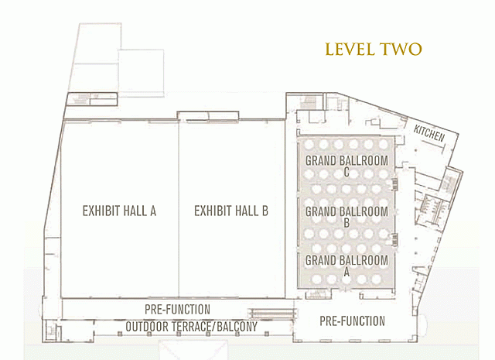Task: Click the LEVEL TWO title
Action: (x=374, y=50)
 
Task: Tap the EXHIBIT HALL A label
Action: (x=119, y=211)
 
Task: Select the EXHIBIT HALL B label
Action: (x=231, y=211)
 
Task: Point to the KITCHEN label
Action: (x=429, y=133)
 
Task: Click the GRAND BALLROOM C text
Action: (x=346, y=166)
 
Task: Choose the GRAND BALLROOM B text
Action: (x=346, y=217)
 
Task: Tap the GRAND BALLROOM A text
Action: (x=346, y=266)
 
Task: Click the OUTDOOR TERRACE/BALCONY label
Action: (x=192, y=327)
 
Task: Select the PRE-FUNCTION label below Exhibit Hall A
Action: (x=177, y=310)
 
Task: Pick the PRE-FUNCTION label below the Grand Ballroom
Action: (x=353, y=321)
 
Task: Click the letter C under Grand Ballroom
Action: (x=346, y=172)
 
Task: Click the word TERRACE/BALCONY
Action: (x=214, y=327)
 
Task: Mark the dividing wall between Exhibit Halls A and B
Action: (x=179, y=209)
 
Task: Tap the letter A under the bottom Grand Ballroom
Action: (x=346, y=272)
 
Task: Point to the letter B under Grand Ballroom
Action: (x=346, y=223)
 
